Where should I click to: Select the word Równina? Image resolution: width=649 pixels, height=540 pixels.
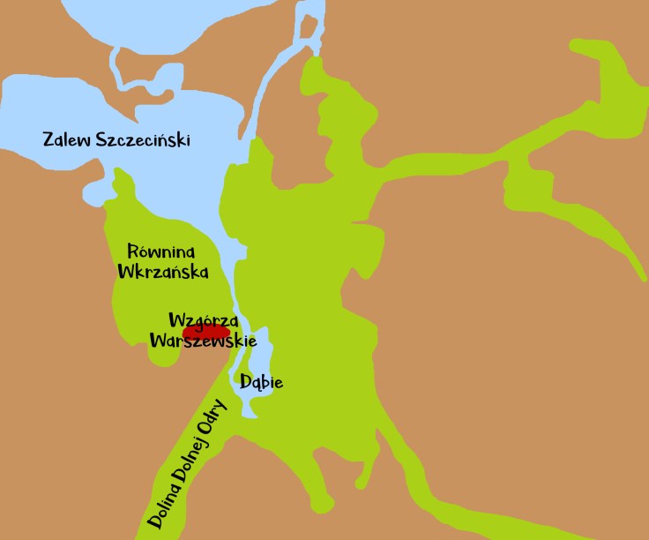click(160, 252)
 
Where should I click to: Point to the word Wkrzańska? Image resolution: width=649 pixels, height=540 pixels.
click(163, 272)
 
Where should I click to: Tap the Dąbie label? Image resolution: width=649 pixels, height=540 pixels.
click(262, 383)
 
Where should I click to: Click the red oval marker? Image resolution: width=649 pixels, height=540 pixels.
click(205, 334)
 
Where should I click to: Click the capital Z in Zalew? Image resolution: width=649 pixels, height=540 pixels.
click(48, 139)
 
